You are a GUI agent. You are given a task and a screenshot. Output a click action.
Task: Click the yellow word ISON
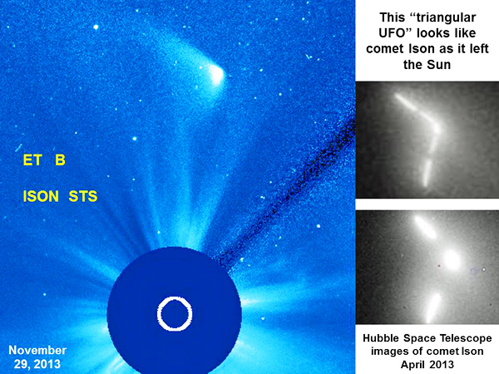[41, 196]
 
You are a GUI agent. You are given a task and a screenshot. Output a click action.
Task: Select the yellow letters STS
[83, 196]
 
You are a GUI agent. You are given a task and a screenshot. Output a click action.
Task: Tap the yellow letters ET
[32, 160]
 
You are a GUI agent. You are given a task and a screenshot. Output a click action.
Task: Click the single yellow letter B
[60, 160]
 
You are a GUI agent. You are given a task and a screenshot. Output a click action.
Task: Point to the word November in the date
[37, 350]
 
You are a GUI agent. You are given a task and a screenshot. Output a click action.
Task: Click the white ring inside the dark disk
[175, 313]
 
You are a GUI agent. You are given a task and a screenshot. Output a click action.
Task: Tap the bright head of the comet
[217, 75]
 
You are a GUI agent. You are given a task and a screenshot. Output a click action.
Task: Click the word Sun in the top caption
[439, 65]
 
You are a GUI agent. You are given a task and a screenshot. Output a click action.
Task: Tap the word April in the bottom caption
[413, 365]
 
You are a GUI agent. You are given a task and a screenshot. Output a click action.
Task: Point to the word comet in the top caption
[383, 49]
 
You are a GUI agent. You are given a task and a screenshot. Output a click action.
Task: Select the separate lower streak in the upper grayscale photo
[427, 174]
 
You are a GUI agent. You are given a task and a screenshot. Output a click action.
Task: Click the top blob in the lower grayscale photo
[426, 227]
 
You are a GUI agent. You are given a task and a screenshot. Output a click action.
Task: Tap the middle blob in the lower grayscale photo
[452, 259]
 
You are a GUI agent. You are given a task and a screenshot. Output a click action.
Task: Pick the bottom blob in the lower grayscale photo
[432, 308]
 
